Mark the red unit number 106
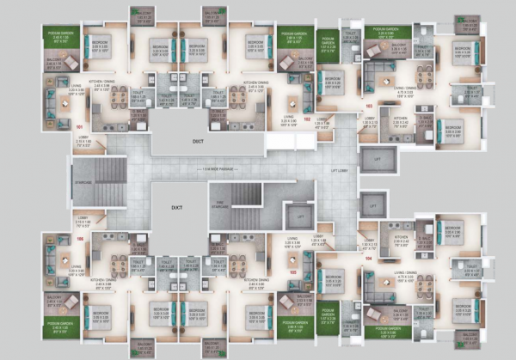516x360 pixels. (x=80, y=239)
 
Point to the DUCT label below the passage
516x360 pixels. (x=176, y=208)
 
